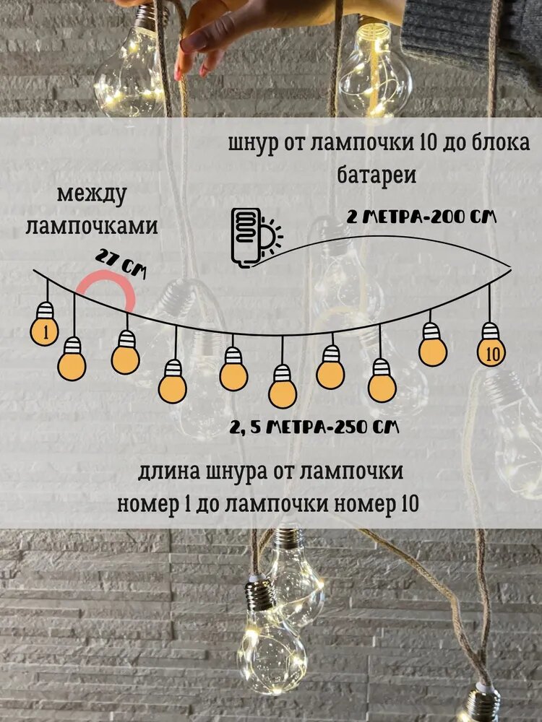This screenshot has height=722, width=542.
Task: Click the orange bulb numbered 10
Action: click(x=491, y=353)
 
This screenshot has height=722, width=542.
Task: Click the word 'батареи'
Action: click(x=377, y=175)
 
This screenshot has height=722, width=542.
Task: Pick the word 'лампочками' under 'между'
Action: click(x=92, y=225)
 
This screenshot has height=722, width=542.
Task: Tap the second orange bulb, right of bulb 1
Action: click(x=73, y=365)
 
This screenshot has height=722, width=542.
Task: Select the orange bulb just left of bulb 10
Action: click(x=432, y=351)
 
